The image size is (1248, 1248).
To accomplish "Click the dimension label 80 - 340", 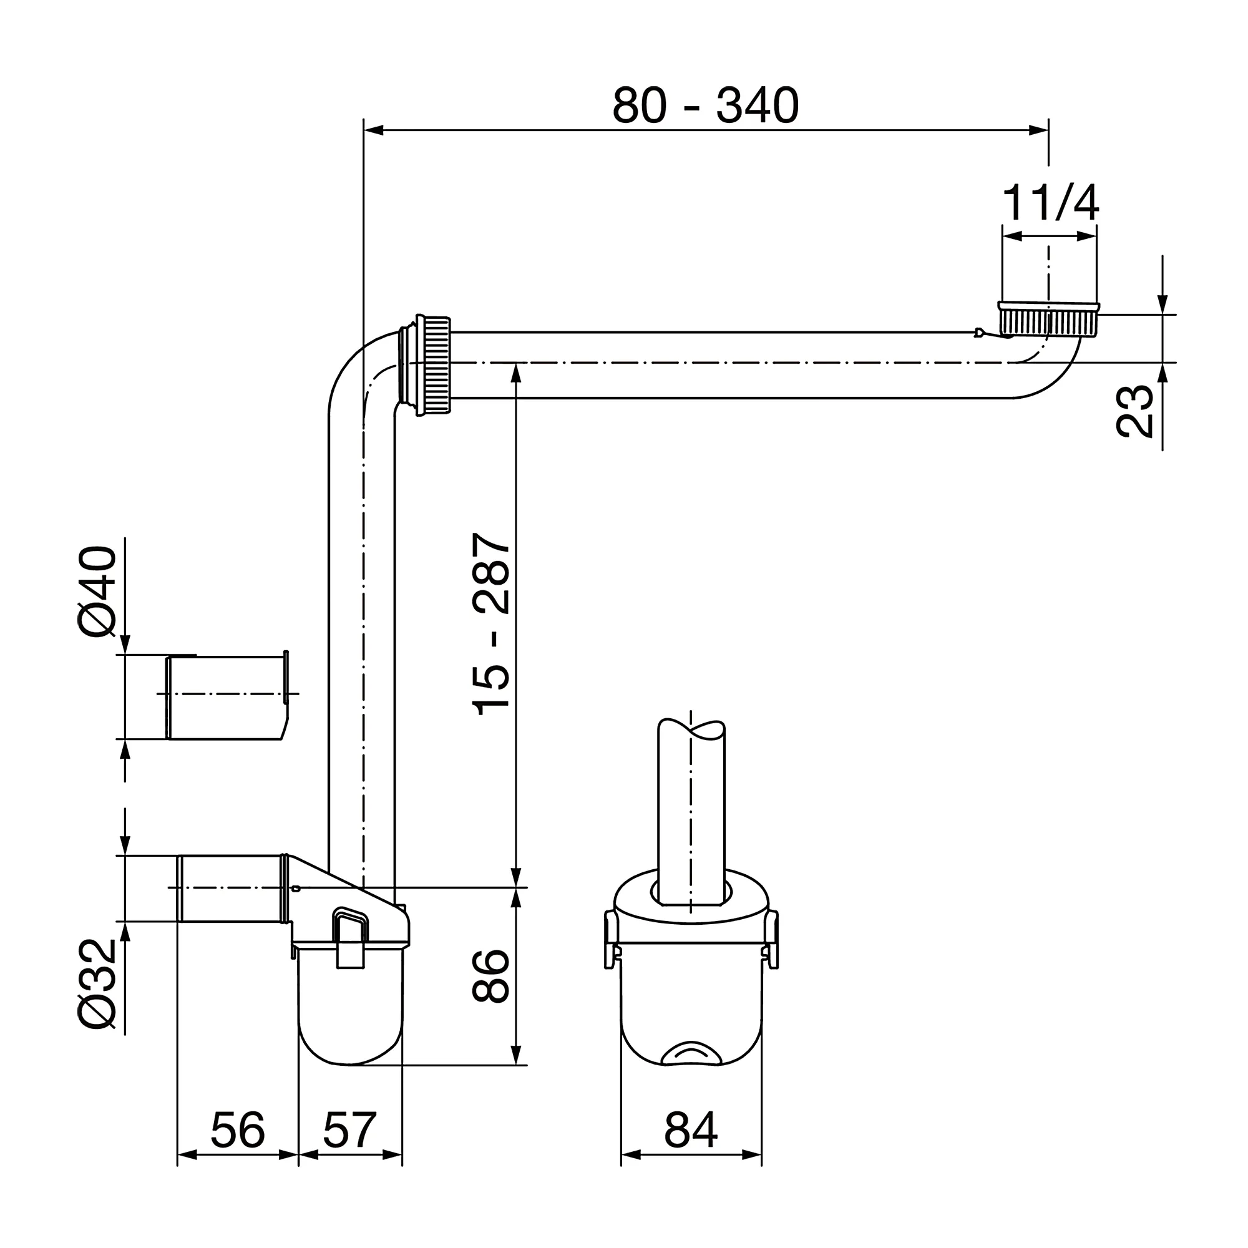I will pos(705,106).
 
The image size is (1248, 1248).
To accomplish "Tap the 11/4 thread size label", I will pos(1049,203).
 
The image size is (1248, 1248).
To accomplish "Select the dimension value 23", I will pos(1134,411).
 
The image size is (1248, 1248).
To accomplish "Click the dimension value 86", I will pos(491,976).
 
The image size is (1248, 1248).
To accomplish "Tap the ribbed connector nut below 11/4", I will pos(1048,320).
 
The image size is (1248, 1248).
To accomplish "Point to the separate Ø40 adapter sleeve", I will pos(226,698).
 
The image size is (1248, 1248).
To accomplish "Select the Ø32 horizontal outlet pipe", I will pos(229,888).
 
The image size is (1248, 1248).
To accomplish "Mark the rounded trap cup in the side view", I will pos(350,1021).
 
